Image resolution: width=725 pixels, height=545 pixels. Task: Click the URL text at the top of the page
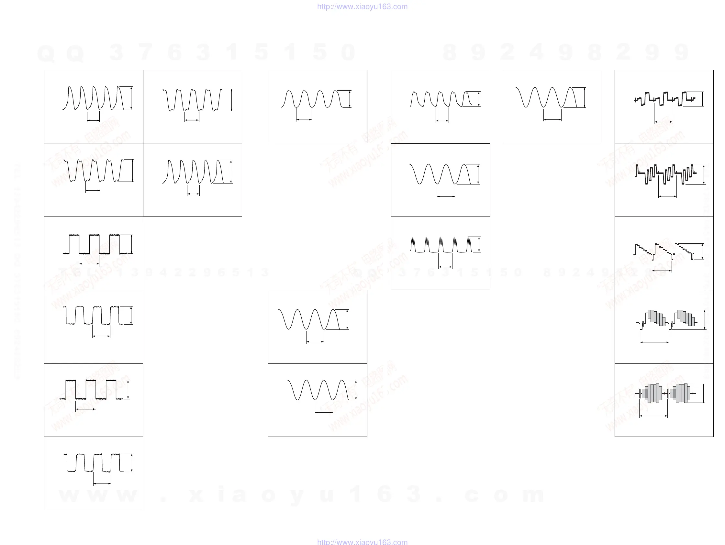(362, 6)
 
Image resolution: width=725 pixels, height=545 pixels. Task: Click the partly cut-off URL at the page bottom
(362, 542)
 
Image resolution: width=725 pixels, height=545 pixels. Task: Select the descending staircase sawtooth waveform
(664, 252)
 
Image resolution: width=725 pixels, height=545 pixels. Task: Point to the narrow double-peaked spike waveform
(441, 245)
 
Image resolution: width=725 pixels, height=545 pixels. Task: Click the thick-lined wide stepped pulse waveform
(664, 99)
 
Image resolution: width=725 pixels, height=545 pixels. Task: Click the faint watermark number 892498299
(565, 52)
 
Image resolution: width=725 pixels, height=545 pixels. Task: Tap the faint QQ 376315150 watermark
(197, 52)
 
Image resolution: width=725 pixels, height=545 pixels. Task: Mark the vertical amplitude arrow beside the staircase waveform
(702, 252)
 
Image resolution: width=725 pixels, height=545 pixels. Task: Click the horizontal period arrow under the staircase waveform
(662, 271)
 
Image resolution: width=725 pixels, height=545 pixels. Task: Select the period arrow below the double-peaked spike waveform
(445, 267)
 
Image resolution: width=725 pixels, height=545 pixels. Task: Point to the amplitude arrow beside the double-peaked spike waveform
(479, 244)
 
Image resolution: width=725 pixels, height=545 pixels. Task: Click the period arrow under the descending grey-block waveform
(654, 342)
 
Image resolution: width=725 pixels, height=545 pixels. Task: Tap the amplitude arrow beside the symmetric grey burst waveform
(703, 393)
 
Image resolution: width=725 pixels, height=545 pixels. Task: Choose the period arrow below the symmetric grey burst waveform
(653, 416)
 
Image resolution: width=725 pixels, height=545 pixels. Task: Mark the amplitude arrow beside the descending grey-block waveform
(705, 319)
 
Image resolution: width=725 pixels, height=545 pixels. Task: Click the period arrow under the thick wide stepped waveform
(664, 122)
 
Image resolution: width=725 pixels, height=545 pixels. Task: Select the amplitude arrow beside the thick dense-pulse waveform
(704, 175)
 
